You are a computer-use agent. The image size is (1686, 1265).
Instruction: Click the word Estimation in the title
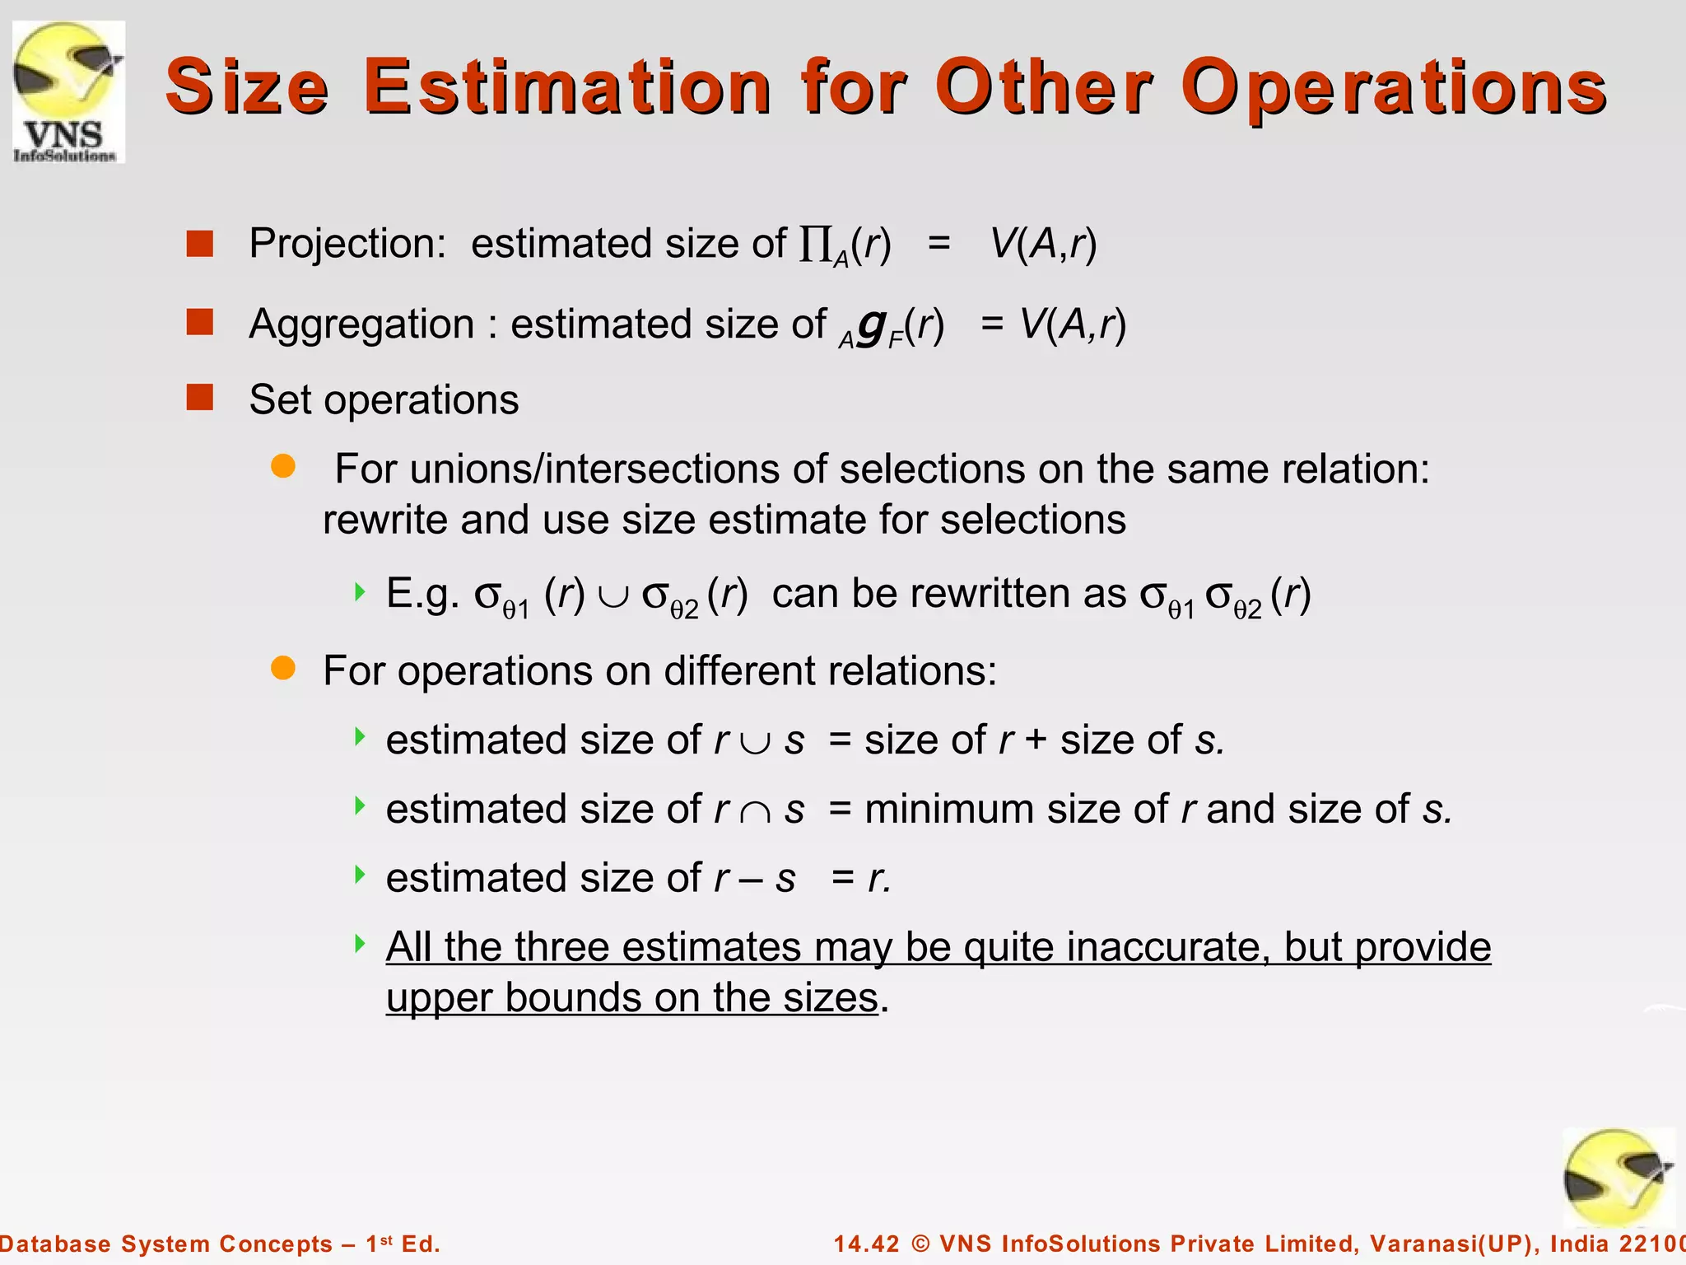tap(567, 86)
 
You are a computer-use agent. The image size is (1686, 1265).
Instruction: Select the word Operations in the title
tap(1393, 88)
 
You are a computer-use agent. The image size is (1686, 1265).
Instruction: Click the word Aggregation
tap(361, 324)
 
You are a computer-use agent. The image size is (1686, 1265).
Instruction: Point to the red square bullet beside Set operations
tap(200, 398)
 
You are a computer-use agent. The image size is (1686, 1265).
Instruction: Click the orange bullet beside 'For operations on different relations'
tap(283, 668)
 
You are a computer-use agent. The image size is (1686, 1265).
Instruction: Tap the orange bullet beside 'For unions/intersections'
tap(283, 466)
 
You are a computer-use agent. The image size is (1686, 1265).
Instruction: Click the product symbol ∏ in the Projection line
tap(815, 245)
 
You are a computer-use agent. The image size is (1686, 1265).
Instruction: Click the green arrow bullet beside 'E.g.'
tap(359, 591)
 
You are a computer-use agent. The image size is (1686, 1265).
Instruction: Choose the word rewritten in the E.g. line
tap(985, 594)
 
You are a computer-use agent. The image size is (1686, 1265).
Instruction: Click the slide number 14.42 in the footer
tap(868, 1244)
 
